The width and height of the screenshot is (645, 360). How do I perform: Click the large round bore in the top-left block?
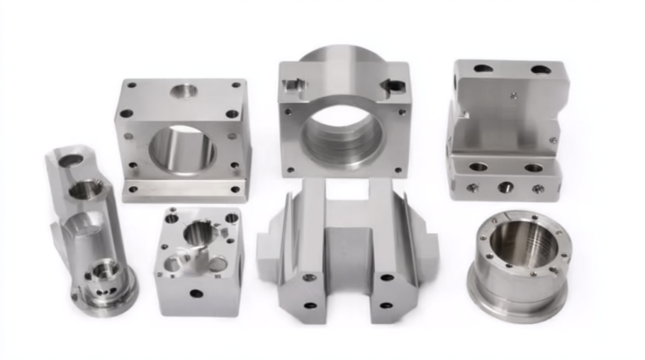tap(181, 150)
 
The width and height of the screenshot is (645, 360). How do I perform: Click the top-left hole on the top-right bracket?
tap(483, 69)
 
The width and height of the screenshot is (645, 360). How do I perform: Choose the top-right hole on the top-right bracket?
tap(540, 70)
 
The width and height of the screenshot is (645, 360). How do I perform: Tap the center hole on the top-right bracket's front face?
tap(505, 188)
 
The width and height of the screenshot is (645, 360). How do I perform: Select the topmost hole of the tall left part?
tap(70, 161)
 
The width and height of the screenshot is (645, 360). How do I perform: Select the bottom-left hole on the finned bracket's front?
tap(310, 305)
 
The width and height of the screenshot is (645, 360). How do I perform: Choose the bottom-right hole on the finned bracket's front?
tap(386, 305)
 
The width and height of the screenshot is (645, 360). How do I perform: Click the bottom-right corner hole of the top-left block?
tap(234, 190)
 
